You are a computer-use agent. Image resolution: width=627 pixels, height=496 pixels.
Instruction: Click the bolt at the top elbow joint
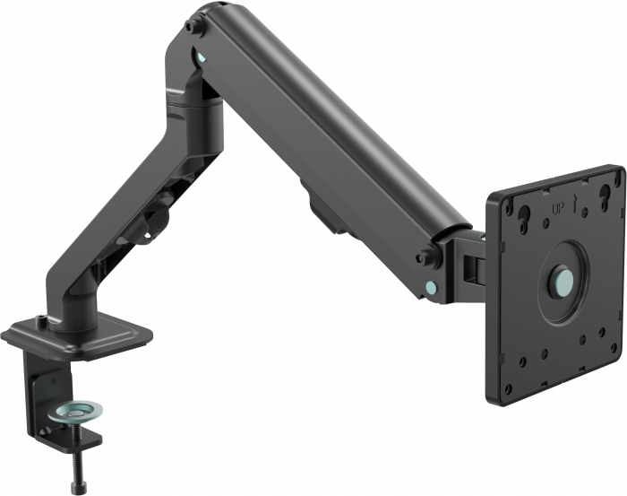coord(194,27)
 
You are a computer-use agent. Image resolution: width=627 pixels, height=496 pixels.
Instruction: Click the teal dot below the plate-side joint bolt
coord(433,288)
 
